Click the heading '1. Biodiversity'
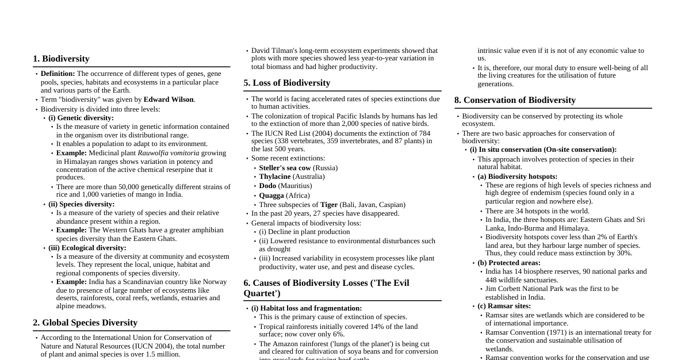pyautogui.click(x=61, y=59)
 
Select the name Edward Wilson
pyautogui.click(x=169, y=99)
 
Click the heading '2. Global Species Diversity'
pyautogui.click(x=85, y=323)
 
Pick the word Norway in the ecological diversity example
pyautogui.click(x=215, y=282)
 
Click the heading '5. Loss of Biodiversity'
pyautogui.click(x=286, y=83)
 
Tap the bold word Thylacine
pyautogui.click(x=274, y=177)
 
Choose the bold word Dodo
pyautogui.click(x=267, y=186)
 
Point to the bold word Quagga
pyautogui.click(x=271, y=196)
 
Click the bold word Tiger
pyautogui.click(x=329, y=205)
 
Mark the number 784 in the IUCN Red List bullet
pyautogui.click(x=424, y=133)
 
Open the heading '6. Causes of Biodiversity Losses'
pyautogui.click(x=326, y=288)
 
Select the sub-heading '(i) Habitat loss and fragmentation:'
pyautogui.click(x=307, y=308)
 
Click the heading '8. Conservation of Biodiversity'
pyautogui.click(x=515, y=100)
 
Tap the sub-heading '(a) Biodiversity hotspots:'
pyautogui.click(x=517, y=177)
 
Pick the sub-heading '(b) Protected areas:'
pyautogui.click(x=508, y=263)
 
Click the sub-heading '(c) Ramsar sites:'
pyautogui.click(x=504, y=306)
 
